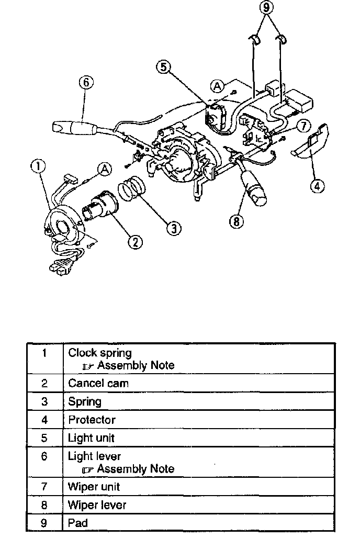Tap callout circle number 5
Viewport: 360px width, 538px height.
[164, 68]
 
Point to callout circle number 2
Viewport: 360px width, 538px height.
[135, 241]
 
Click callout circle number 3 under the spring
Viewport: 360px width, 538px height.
[174, 227]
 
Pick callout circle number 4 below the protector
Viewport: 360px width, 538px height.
[317, 185]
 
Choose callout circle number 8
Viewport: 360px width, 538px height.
[237, 221]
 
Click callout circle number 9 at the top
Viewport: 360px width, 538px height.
[267, 8]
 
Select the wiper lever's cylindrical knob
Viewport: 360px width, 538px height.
[255, 188]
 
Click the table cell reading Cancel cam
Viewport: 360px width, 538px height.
[98, 383]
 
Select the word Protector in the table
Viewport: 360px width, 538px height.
[92, 420]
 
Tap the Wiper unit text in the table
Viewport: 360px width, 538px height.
[94, 487]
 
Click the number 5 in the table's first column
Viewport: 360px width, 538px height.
[44, 438]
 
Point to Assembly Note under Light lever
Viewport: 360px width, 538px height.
[135, 469]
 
